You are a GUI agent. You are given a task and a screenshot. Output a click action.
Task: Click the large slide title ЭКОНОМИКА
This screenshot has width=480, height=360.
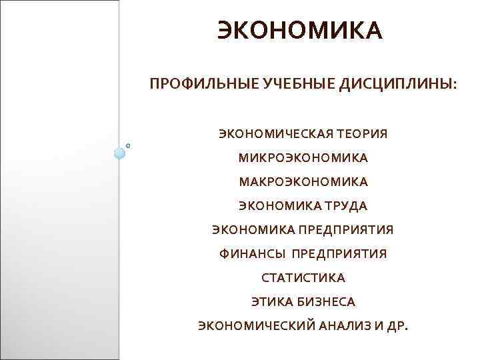point(300,31)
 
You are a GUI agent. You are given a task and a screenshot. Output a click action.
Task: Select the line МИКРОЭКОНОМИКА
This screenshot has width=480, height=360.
point(303,158)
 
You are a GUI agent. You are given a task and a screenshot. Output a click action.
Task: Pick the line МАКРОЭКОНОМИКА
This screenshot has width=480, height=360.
point(303,181)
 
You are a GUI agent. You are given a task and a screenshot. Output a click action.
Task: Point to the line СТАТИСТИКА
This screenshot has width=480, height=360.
point(303,278)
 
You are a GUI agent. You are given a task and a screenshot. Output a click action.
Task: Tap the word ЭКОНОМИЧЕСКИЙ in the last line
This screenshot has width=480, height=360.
point(251,326)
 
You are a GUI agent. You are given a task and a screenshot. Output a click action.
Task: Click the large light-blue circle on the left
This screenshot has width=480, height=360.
point(120,153)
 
